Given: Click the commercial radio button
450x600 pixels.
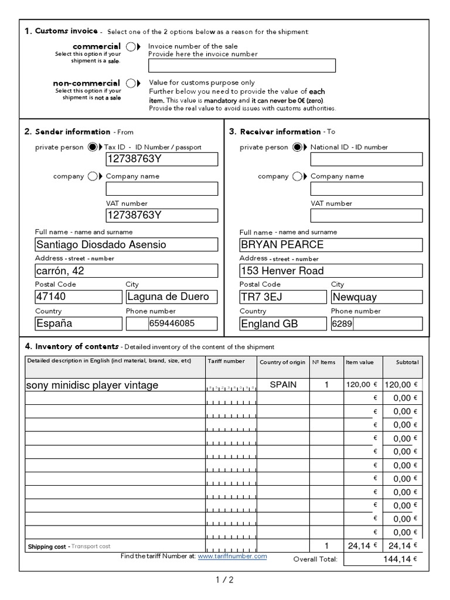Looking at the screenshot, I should pos(130,47).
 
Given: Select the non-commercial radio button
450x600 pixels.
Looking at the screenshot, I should pos(130,83).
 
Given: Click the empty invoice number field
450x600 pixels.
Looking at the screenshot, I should pos(242,66).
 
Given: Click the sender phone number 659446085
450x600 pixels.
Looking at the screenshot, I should pos(171,323).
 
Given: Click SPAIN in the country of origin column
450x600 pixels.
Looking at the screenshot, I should pos(283,385).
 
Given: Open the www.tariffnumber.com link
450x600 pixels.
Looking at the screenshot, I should pos(232,556).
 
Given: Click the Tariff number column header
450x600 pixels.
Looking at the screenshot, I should pos(226,362).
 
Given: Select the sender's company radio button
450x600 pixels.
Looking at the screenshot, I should pos(92,176).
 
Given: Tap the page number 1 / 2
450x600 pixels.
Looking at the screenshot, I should pos(224,580).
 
